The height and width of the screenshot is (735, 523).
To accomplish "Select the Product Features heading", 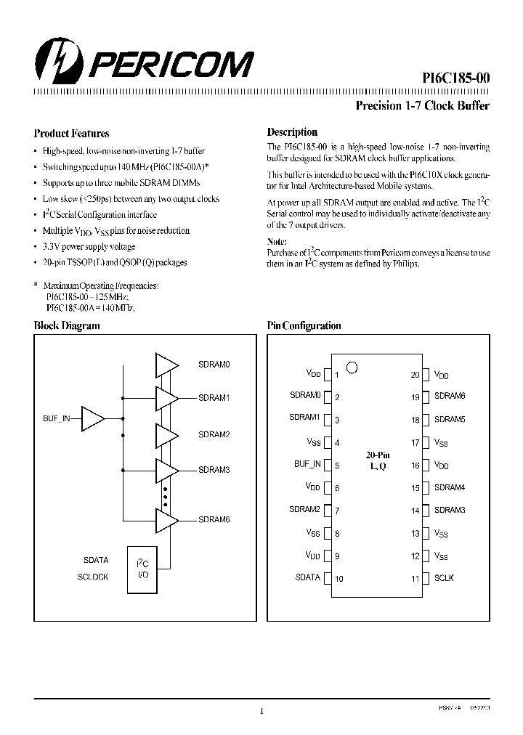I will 71,134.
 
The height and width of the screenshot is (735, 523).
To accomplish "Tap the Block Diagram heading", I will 67,326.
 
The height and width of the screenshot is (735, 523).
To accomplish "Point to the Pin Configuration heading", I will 304,326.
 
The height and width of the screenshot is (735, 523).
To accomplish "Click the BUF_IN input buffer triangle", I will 93,419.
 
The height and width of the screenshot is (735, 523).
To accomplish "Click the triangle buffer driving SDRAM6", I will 166,519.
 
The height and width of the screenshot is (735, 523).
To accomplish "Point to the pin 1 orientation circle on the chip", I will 352,367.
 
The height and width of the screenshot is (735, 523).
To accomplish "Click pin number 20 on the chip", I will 415,375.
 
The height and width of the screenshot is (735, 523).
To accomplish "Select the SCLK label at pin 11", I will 445,578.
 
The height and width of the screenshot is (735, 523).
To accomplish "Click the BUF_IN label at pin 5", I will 307,463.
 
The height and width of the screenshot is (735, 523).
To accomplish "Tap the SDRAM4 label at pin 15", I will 450,488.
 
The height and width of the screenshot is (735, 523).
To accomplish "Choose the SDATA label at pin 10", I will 307,577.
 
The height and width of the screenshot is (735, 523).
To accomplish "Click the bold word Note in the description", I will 277,241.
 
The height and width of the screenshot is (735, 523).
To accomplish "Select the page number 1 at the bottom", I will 261,712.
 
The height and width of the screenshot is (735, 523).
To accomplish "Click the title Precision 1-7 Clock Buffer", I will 422,106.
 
